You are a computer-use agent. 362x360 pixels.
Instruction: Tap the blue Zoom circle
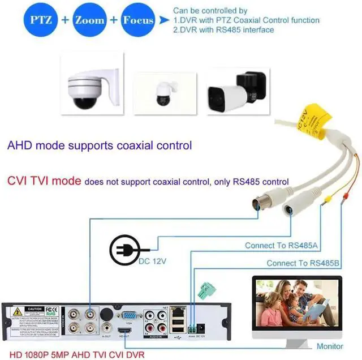coord(90,20)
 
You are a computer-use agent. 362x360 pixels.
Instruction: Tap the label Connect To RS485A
coord(281,246)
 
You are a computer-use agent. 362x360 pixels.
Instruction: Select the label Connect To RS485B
coord(303,263)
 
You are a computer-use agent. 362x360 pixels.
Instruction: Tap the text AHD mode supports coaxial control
coord(100,145)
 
